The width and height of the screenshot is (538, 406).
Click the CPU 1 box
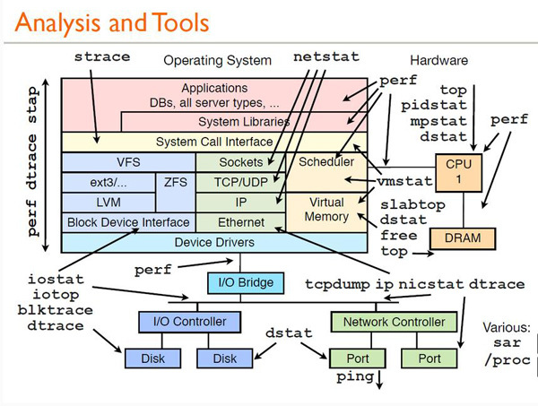(452, 172)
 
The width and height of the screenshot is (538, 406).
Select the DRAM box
(456, 238)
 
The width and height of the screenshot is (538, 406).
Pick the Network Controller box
(386, 322)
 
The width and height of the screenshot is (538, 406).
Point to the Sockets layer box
(240, 162)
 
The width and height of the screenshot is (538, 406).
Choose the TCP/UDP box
(240, 182)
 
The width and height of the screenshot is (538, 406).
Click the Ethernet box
(240, 221)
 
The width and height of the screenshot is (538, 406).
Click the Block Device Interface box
(127, 221)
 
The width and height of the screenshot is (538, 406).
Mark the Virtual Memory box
(326, 210)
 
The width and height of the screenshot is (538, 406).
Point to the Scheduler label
(325, 162)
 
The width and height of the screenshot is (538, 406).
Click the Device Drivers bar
(213, 242)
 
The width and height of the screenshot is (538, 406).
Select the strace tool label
(101, 56)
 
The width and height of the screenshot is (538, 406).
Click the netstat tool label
(326, 56)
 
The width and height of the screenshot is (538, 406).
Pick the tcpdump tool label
(334, 284)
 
